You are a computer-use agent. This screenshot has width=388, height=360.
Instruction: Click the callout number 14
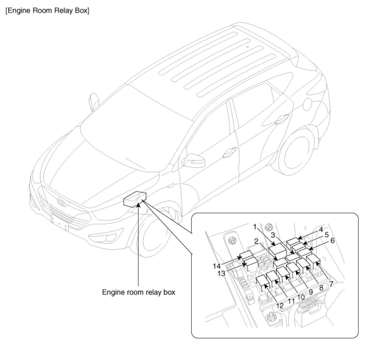217,266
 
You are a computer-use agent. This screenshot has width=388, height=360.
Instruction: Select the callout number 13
222,273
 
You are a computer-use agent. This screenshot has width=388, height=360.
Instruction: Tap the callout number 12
280,306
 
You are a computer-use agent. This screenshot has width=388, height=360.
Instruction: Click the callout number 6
332,240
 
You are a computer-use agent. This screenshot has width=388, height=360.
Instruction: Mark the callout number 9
311,292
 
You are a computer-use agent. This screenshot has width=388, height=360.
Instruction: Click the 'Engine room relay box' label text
139,292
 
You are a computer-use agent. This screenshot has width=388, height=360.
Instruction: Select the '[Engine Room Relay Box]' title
47,11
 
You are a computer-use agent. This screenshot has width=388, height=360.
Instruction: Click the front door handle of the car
230,152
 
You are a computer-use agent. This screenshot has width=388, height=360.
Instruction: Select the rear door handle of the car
282,119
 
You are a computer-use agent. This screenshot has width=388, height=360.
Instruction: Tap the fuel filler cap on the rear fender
308,104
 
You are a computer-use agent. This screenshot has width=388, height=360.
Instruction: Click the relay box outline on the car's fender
135,199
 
